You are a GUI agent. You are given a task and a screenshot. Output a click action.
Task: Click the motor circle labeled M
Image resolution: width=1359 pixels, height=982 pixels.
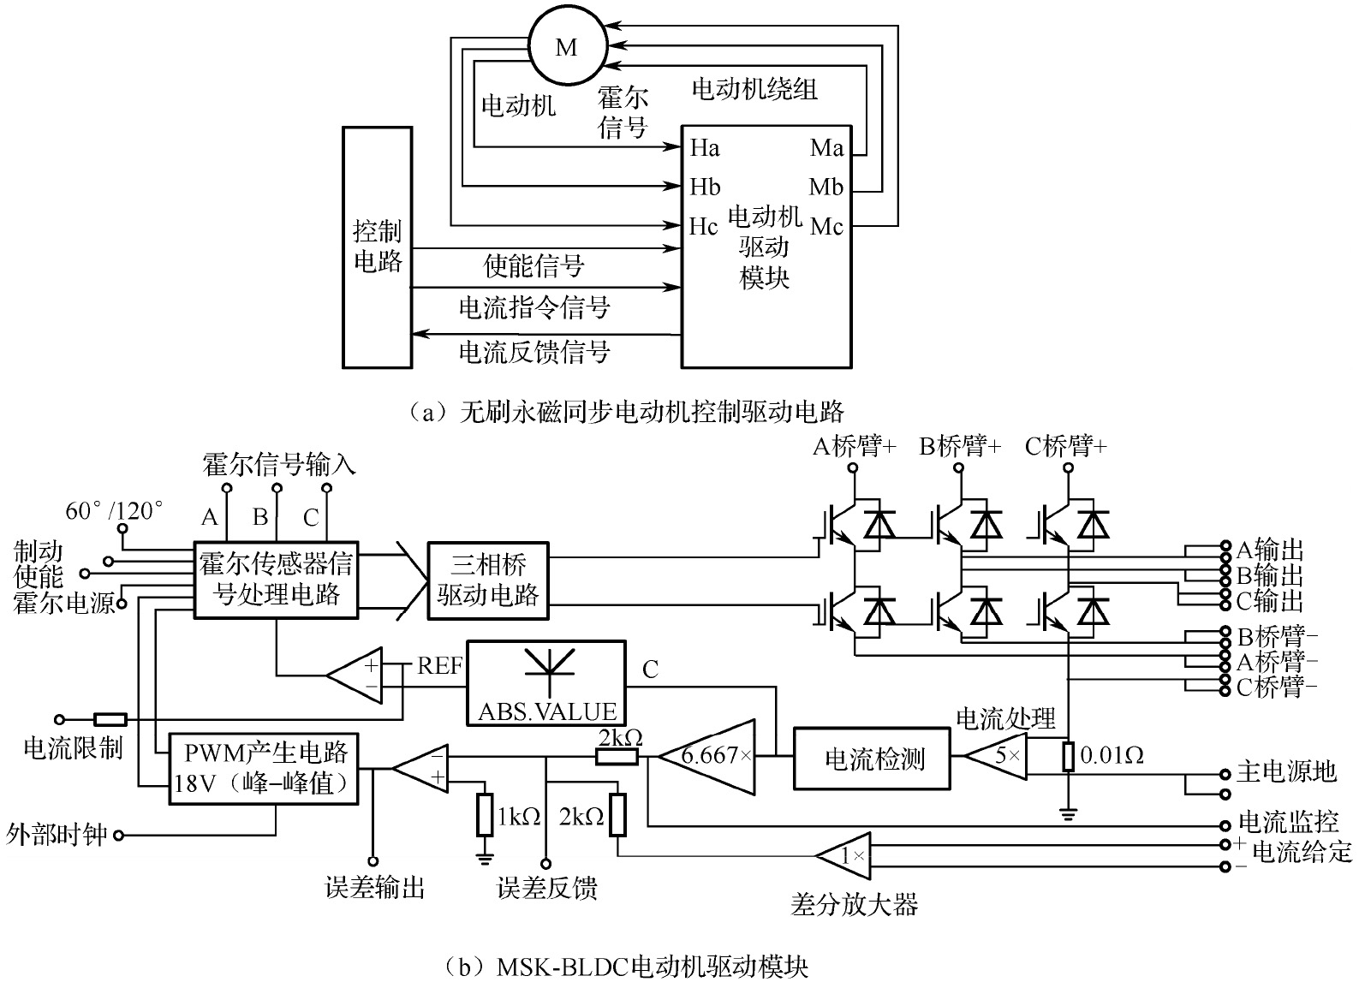pos(566,48)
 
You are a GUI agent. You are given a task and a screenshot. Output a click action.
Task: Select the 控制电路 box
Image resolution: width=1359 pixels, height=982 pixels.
pos(377,247)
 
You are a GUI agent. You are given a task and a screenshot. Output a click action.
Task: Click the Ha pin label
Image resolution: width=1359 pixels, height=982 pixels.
pos(705,148)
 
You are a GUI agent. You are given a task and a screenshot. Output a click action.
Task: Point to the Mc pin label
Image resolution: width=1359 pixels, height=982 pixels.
pos(826,226)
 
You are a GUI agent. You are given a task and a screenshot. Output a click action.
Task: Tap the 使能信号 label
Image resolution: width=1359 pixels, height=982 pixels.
pos(533,266)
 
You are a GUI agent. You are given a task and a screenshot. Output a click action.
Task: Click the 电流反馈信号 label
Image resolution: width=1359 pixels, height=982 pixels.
pos(534,351)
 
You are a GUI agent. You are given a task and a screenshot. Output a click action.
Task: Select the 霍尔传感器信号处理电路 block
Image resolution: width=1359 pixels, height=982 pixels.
pos(276,579)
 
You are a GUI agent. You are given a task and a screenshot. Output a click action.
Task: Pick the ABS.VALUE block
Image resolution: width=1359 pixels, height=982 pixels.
pos(546,682)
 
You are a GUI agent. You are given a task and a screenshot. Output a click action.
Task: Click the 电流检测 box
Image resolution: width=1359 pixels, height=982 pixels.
pos(873,759)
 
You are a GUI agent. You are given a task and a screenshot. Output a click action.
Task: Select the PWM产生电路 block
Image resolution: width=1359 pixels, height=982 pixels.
pos(265,767)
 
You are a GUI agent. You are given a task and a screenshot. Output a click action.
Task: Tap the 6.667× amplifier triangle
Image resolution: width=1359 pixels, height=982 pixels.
pos(708,755)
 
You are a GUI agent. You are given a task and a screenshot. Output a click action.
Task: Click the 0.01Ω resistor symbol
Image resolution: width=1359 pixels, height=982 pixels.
pos(1067,757)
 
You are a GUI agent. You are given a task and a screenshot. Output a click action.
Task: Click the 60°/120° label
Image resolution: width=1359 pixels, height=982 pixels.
pos(114,511)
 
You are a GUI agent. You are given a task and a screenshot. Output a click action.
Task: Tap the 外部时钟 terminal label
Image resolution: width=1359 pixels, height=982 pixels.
pos(57,834)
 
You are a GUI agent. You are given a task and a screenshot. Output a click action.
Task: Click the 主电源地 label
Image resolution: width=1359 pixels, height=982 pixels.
pos(1285,771)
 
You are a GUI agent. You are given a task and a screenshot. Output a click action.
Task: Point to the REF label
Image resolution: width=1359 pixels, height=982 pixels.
pos(439,665)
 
